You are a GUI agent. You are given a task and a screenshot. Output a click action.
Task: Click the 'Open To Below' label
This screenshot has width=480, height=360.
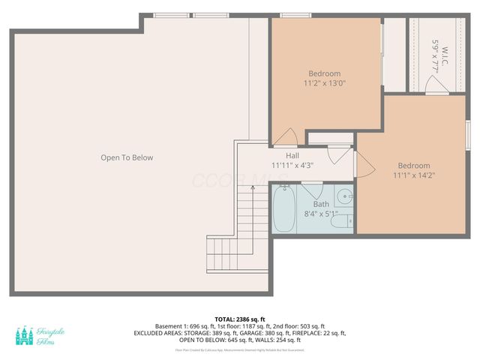point(127,157)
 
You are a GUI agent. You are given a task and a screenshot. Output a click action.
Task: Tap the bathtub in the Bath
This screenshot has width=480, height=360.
point(284,209)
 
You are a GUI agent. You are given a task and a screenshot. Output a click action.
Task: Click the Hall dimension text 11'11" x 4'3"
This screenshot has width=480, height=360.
point(292,165)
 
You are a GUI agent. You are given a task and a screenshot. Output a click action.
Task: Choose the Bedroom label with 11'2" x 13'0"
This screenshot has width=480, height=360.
point(325,73)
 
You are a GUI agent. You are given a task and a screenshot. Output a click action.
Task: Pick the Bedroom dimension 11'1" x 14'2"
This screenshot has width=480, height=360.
point(414,175)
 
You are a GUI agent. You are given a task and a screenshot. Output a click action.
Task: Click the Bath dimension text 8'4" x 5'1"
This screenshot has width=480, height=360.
point(321,214)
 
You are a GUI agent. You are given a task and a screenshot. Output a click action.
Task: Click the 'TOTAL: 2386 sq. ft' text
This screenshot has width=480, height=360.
point(240,319)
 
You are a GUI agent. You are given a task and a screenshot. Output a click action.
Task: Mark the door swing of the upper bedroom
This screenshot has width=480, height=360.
point(284,136)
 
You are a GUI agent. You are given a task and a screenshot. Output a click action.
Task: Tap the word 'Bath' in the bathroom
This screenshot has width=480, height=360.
point(321,204)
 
